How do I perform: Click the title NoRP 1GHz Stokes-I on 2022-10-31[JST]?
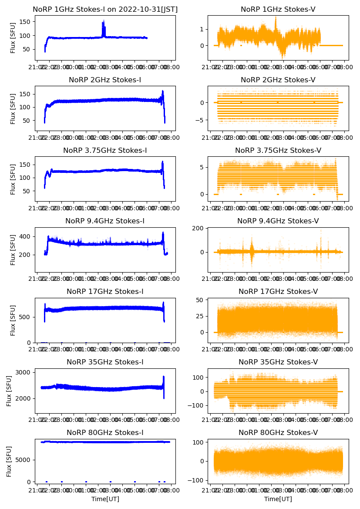pyautogui.click(x=105, y=9)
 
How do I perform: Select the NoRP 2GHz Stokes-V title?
pyautogui.click(x=278, y=80)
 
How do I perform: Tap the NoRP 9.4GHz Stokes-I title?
pyautogui.click(x=105, y=221)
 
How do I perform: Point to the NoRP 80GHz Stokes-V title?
pyautogui.click(x=278, y=432)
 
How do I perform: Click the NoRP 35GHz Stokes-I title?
pyautogui.click(x=105, y=362)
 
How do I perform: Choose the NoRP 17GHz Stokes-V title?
pyautogui.click(x=278, y=291)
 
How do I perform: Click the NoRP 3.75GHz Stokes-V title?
pyautogui.click(x=278, y=150)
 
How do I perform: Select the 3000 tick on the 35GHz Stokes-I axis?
pyautogui.click(x=24, y=372)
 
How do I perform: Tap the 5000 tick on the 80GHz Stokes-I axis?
pyautogui.click(x=24, y=460)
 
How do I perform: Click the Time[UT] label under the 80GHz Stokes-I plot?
pyautogui.click(x=105, y=499)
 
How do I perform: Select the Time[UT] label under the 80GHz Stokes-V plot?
pyautogui.click(x=278, y=499)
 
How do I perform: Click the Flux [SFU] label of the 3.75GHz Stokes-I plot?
pyautogui.click(x=13, y=179)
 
